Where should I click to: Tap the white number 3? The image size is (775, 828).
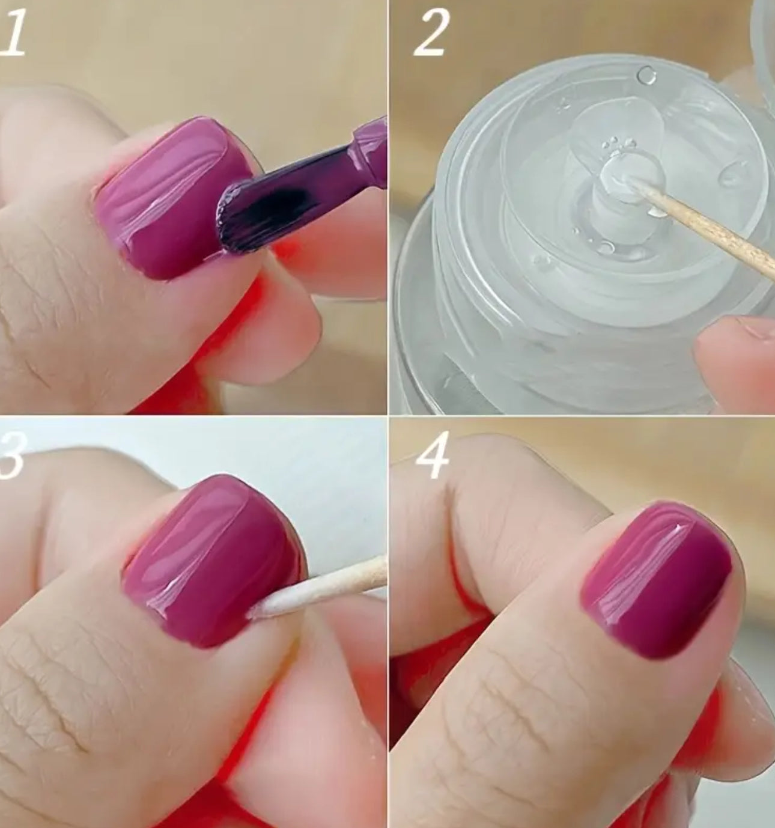click(13, 454)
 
